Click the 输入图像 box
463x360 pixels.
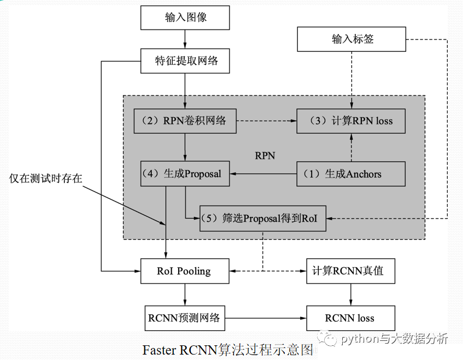185,17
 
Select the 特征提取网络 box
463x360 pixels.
185,61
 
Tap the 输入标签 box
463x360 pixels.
351,39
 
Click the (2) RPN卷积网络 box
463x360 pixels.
185,121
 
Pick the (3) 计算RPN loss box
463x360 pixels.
351,121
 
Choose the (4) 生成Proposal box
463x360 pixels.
185,174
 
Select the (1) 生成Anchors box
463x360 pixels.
351,174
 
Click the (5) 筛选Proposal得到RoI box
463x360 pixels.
263,219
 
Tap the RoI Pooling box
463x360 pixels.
185,271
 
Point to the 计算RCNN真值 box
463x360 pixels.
350,271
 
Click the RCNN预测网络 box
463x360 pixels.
185,318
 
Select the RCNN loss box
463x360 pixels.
350,318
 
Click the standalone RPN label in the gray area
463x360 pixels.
265,156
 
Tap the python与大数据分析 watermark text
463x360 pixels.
394,339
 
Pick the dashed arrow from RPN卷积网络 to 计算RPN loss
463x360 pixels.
267,121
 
